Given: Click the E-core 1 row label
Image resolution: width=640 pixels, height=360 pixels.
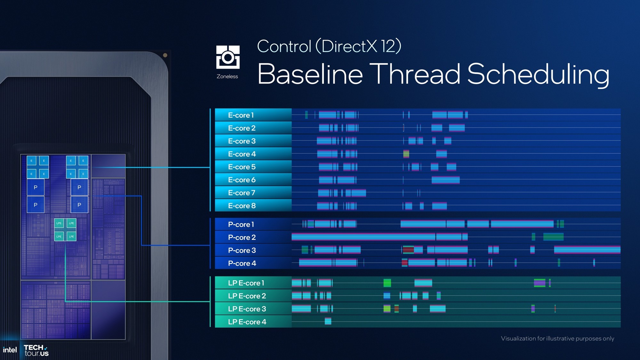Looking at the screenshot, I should tap(241, 115).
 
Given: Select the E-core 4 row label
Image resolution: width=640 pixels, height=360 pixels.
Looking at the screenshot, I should tap(242, 154).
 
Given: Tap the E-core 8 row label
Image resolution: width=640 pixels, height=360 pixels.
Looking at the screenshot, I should tap(242, 206).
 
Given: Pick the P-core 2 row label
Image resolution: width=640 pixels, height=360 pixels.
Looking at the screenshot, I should tap(242, 237).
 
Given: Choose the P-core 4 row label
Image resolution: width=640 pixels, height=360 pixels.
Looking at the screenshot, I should tap(242, 263).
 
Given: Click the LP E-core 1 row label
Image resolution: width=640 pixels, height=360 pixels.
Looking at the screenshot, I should tap(246, 283).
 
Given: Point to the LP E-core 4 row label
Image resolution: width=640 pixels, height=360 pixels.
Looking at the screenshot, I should tap(247, 322).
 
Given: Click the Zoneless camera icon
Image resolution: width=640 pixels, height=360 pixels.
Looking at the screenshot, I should tap(228, 57).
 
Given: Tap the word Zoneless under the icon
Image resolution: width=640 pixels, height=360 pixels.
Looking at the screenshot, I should tap(227, 76).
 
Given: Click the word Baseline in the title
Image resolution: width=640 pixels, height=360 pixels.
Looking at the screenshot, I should tap(310, 74).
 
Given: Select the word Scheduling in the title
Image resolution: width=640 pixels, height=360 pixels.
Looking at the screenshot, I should tap(538, 74).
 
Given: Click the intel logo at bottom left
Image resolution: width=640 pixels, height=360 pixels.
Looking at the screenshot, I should tap(10, 350).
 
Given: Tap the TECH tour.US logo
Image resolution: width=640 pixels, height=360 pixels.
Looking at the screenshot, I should tap(36, 350).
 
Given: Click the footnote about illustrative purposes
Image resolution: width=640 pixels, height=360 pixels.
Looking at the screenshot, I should tap(557, 339).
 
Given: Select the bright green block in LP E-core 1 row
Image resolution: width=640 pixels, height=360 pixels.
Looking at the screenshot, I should tap(387, 283).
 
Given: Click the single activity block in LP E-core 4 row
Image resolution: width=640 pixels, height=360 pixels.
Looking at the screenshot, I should tap(328, 321).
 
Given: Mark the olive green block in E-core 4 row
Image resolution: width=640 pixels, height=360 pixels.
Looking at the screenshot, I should tap(406, 154).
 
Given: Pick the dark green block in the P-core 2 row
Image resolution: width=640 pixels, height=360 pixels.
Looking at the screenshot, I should tap(553, 237).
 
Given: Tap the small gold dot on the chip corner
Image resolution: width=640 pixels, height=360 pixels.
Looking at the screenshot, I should tap(165, 55).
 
